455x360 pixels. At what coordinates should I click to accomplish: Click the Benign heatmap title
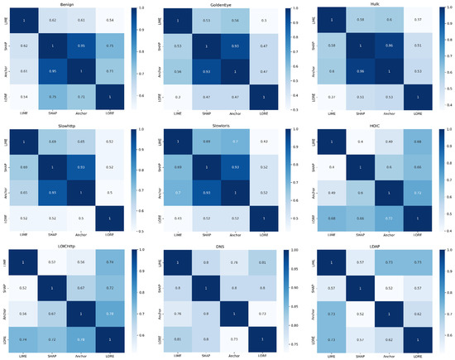pyautogui.click(x=70, y=4)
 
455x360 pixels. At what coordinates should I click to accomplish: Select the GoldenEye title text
pyautogui.click(x=222, y=4)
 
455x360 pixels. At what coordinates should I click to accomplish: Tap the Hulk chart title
pyautogui.click(x=375, y=4)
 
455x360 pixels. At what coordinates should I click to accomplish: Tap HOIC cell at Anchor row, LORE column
pyautogui.click(x=419, y=192)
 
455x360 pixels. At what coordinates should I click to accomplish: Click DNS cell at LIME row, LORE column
pyautogui.click(x=265, y=263)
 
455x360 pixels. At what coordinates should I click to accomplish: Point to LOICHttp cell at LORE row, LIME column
pyautogui.click(x=25, y=338)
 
